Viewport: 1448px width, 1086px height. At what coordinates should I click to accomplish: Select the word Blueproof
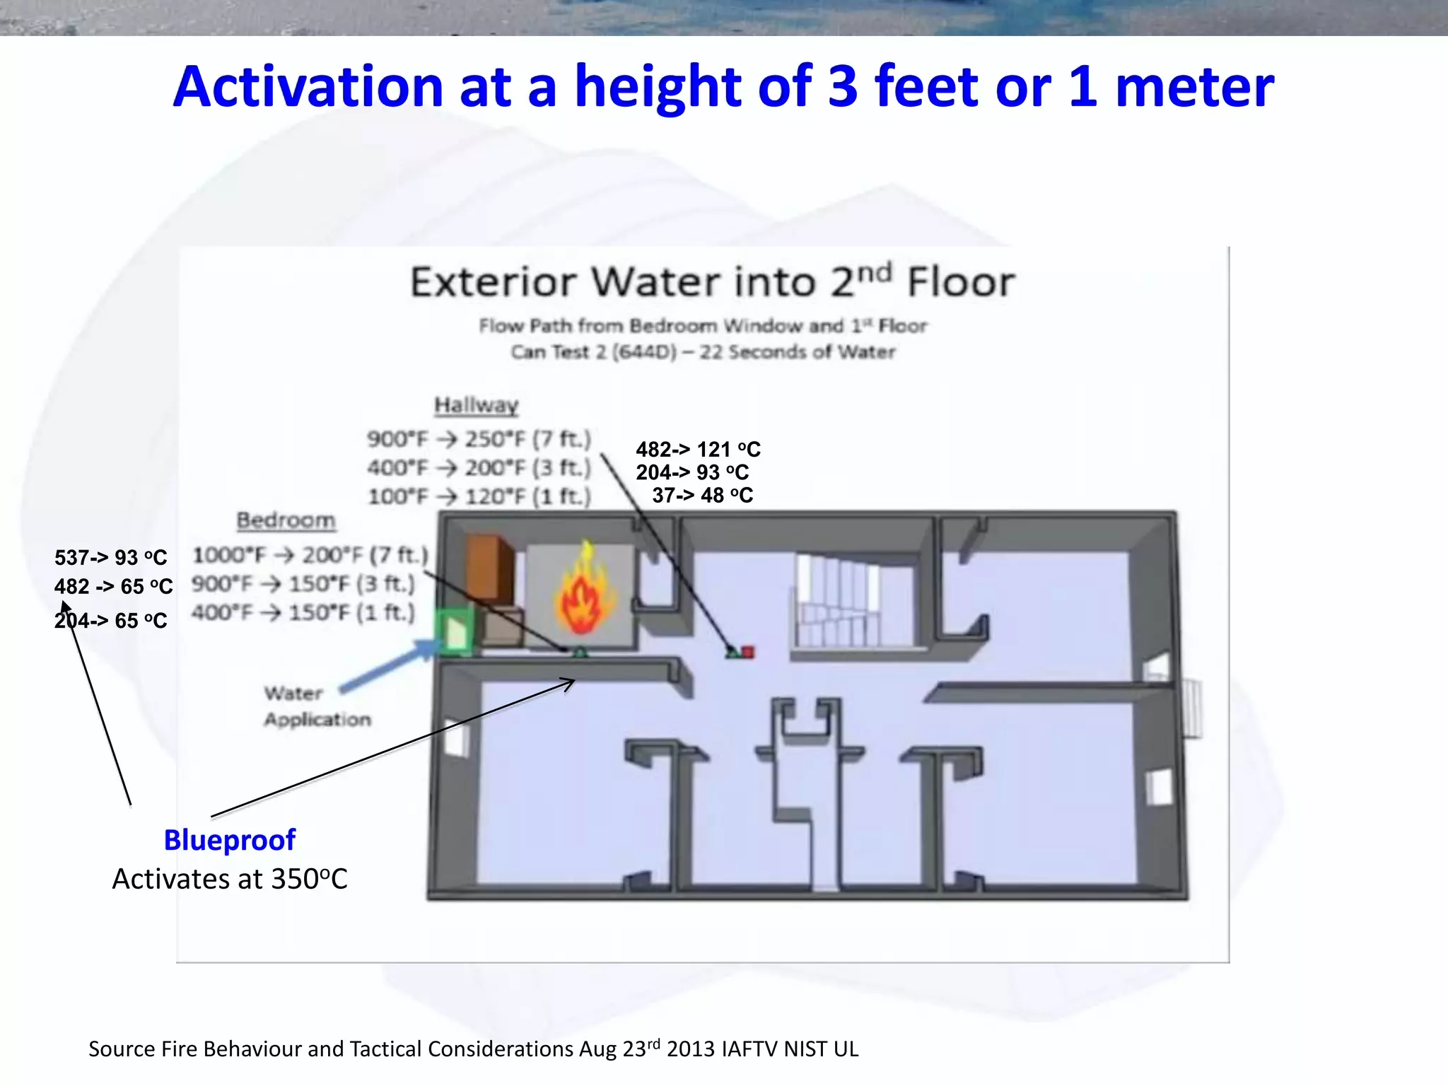230,840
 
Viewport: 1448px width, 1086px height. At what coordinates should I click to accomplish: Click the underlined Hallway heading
477,405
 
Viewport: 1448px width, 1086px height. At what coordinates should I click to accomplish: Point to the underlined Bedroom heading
286,520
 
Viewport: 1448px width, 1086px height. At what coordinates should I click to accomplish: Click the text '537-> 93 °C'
111,558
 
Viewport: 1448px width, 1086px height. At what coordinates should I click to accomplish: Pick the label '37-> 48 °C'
702,496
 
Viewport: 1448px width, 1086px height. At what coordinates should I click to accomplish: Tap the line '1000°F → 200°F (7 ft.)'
310,555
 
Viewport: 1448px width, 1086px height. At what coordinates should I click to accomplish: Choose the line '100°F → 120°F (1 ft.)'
479,496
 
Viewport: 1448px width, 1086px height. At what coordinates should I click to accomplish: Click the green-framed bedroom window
455,631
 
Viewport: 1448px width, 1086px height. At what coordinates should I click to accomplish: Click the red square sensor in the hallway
748,652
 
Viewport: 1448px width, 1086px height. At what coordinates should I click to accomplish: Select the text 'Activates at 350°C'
230,880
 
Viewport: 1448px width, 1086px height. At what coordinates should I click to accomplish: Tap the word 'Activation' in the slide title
308,87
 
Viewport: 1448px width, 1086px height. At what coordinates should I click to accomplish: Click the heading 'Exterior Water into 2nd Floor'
713,281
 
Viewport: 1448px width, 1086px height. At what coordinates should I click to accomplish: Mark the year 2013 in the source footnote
689,1049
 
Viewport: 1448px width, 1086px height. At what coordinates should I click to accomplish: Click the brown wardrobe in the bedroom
489,570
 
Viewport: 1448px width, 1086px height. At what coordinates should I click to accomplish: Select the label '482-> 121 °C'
698,450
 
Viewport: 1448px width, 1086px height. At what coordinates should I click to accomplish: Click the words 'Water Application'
317,706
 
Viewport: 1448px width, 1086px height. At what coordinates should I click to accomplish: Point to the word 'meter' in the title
1194,87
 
